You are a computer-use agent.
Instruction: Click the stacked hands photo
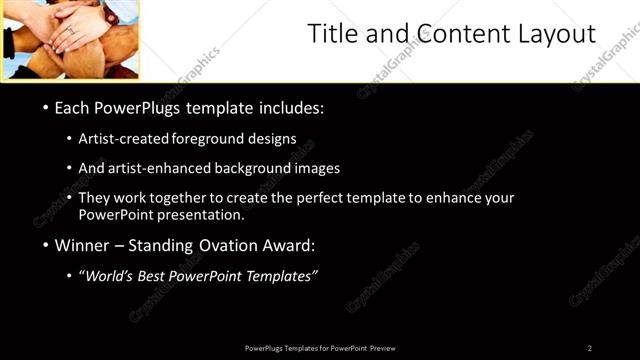click(69, 39)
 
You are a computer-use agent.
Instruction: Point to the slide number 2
click(590, 348)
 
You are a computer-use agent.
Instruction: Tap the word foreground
click(213, 139)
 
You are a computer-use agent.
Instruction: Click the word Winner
click(82, 245)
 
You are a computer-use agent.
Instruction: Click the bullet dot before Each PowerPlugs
click(45, 107)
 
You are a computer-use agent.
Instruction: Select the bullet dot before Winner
click(45, 245)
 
